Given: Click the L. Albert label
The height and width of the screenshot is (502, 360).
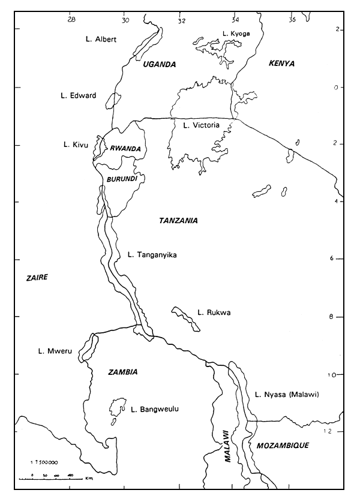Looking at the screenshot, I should (x=100, y=40).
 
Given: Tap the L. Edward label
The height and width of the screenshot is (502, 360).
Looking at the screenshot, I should (x=79, y=95).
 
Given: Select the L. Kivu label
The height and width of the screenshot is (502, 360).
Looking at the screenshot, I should (x=76, y=145).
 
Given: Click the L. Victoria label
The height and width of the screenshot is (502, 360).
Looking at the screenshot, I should (x=201, y=125).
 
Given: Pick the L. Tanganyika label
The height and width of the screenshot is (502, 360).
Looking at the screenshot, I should (x=152, y=255).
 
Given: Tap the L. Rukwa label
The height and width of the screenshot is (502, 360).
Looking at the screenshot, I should (x=214, y=312).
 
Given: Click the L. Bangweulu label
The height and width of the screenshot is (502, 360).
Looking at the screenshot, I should (x=155, y=410).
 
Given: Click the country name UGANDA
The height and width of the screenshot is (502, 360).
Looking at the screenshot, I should (x=160, y=64).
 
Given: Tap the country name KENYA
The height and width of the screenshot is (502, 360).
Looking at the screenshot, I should (x=282, y=63).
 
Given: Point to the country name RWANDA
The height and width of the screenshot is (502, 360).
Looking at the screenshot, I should (x=125, y=149).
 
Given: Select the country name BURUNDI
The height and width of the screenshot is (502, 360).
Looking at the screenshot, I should (x=122, y=179).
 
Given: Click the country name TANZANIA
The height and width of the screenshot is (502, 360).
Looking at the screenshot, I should (x=178, y=221).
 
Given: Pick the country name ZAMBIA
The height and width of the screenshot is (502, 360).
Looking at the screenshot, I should (x=123, y=372).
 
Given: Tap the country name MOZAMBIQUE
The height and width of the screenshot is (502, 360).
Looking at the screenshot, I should (x=282, y=446).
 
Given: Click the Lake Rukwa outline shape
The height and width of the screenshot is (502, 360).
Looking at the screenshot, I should (x=185, y=318).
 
